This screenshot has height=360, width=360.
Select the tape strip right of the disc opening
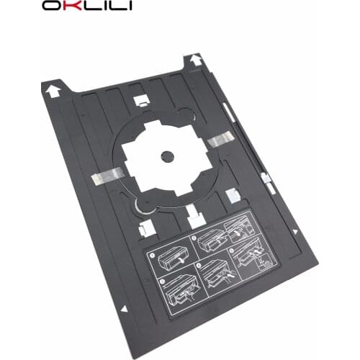(x=222, y=139)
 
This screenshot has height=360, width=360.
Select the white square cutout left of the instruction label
(x=143, y=228)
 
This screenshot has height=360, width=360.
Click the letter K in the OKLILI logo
(x=59, y=7)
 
